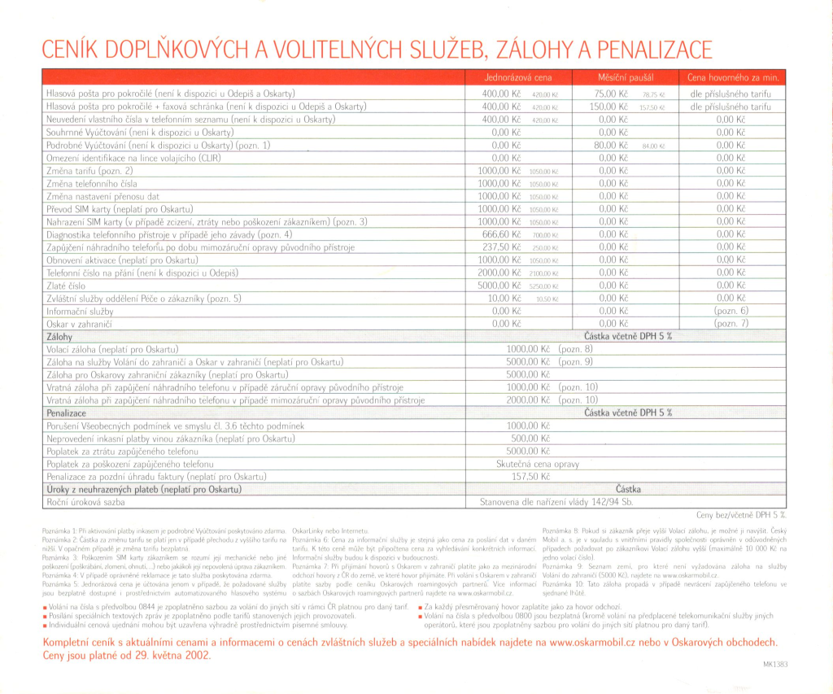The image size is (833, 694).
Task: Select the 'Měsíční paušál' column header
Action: (624, 78)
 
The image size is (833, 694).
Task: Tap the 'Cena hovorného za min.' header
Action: (733, 78)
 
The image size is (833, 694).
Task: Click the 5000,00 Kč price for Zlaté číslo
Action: (500, 286)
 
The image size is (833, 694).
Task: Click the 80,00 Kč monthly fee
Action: (613, 145)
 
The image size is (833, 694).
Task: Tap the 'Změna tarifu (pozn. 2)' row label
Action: (89, 171)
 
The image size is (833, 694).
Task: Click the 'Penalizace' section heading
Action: (68, 412)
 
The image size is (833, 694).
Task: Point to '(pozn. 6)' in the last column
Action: (731, 311)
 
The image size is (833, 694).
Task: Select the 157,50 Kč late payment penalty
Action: (529, 477)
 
